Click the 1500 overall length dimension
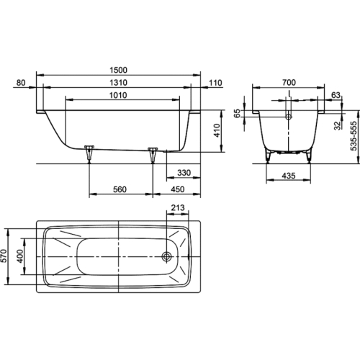pyautogui.click(x=118, y=70)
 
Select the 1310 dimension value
pyautogui.click(x=118, y=83)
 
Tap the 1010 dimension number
pyautogui.click(x=118, y=96)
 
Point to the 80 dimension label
pyautogui.click(x=21, y=83)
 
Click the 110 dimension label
pyautogui.click(x=215, y=83)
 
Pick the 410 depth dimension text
pyautogui.click(x=217, y=130)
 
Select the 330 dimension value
pyautogui.click(x=184, y=173)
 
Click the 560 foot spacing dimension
pyautogui.click(x=120, y=189)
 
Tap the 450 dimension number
pyautogui.click(x=178, y=189)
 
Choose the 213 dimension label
pyautogui.click(x=178, y=207)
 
